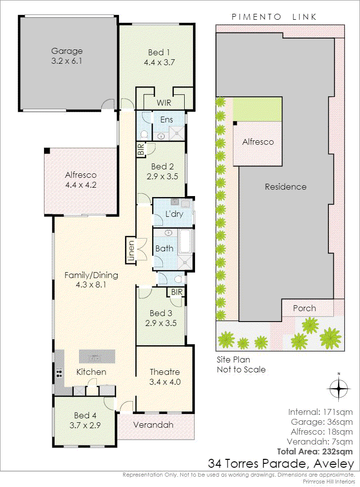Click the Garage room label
pos(67,51)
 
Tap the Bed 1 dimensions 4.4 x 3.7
pos(159,62)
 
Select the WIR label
pos(163,103)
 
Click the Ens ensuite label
pos(166,120)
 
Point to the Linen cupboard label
pos(131,250)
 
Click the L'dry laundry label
pos(174,214)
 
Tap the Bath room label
pos(164,248)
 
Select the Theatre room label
pos(164,372)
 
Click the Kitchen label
pos(91,372)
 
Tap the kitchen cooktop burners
pos(59,372)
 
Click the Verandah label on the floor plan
pos(153,425)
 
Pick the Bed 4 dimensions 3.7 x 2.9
pos(85,425)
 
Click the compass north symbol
pos(339,388)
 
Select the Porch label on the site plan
pos(304,308)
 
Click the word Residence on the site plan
pos(285,187)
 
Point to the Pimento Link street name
pos(274,17)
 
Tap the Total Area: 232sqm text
pos(315,451)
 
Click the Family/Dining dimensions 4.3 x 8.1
pos(91,284)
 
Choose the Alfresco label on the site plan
pos(258,142)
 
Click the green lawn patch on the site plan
pos(257,109)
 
